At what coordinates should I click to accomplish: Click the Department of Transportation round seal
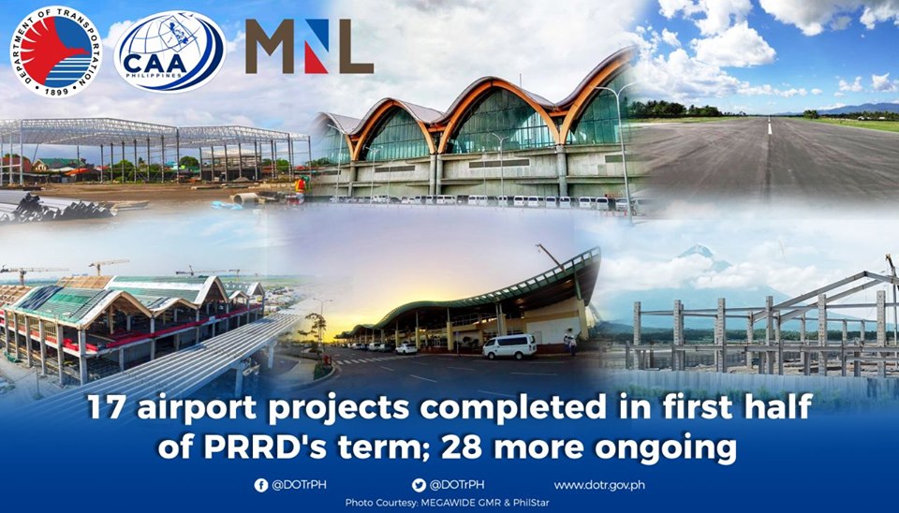56,51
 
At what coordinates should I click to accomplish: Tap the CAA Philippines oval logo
169,52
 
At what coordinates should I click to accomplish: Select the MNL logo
310,47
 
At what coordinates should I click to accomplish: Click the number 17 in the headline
109,408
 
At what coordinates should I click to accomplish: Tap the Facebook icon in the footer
261,486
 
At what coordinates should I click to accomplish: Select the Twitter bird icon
419,486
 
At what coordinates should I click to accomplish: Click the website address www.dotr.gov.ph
599,486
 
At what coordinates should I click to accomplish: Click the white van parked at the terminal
509,346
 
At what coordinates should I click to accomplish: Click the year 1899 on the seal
56,89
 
